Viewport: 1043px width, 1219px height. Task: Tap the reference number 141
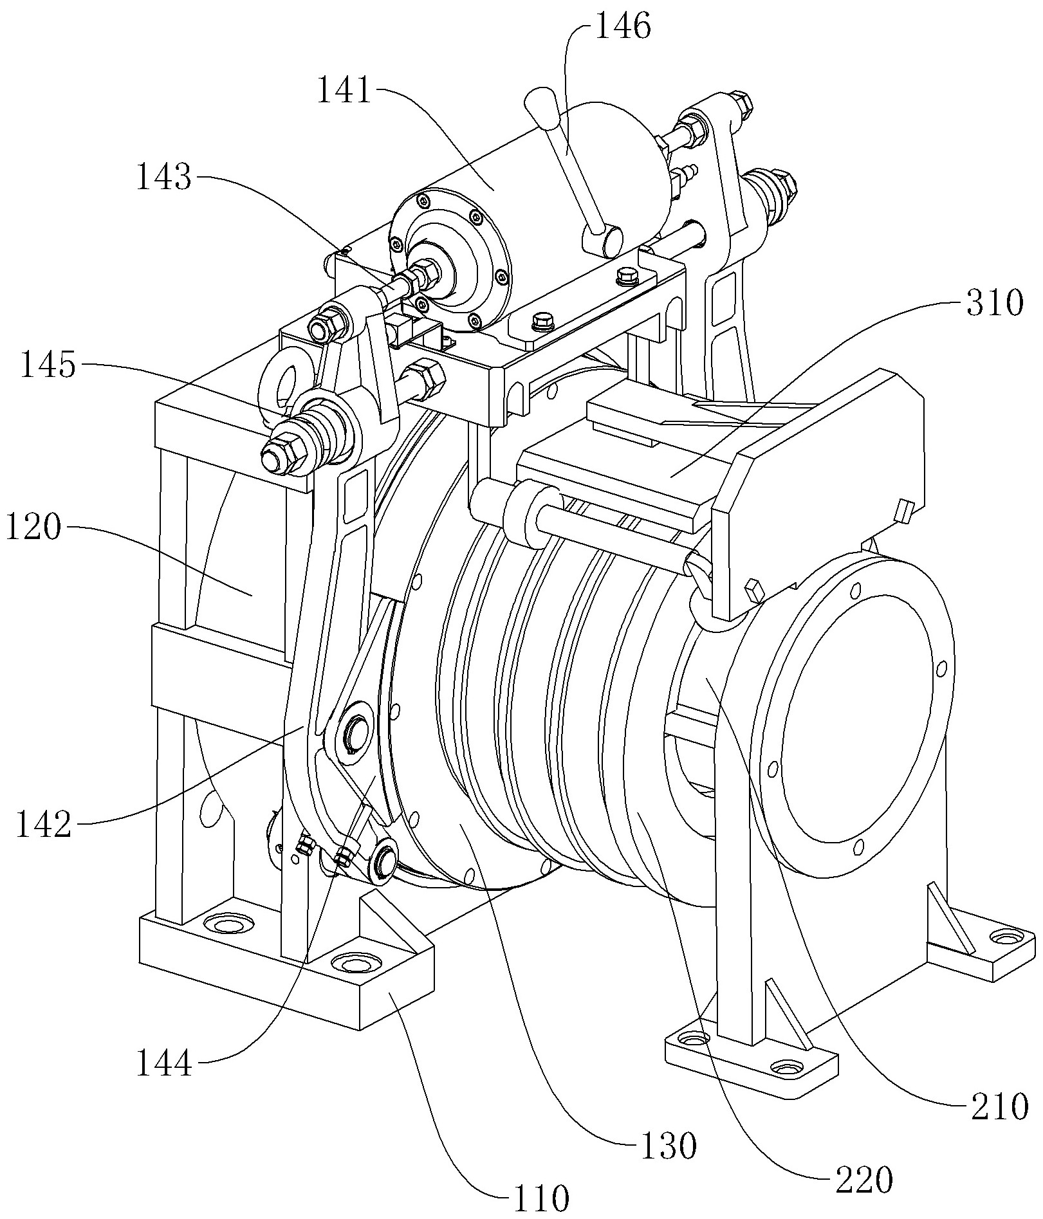[345, 91]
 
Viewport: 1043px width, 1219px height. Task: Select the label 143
[163, 177]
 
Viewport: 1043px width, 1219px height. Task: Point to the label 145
[49, 367]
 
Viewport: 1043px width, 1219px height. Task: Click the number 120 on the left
[35, 530]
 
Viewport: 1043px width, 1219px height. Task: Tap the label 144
[164, 1063]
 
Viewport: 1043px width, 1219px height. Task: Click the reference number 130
[667, 1145]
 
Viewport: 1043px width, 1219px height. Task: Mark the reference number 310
[992, 304]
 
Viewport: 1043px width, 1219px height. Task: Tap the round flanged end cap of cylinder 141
[452, 259]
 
